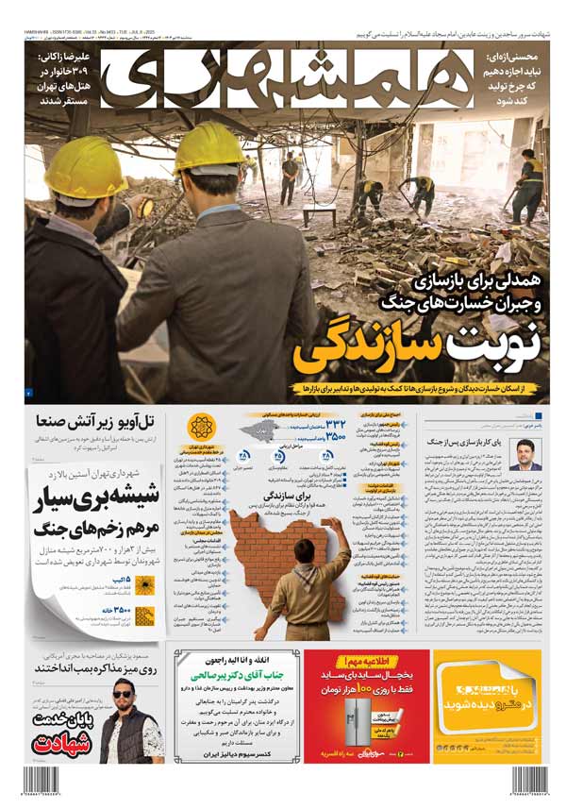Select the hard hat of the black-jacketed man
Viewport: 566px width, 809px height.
86,167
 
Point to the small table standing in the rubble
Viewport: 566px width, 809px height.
319,211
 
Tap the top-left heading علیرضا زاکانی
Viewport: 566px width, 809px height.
63,59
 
